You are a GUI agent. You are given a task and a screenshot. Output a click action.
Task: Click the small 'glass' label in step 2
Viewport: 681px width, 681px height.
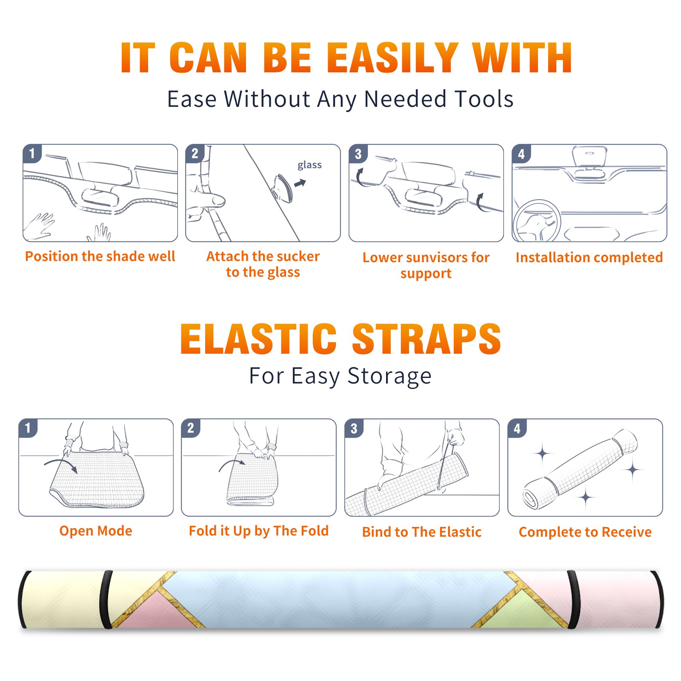pos(309,165)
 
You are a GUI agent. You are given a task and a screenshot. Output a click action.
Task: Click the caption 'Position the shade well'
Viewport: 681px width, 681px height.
pos(100,256)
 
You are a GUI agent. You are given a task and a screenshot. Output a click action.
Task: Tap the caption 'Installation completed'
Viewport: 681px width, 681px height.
pos(589,258)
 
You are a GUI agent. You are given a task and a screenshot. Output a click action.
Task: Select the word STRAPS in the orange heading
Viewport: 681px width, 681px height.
pos(426,339)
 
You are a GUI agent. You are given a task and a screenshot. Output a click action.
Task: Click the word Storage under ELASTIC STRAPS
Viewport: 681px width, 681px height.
pos(389,377)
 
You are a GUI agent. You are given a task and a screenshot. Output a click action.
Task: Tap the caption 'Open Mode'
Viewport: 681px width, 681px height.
pos(96,531)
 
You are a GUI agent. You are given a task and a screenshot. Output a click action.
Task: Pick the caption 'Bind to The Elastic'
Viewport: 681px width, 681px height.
pos(422,532)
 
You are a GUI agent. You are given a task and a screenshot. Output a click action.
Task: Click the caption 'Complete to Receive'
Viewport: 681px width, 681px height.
pos(585,532)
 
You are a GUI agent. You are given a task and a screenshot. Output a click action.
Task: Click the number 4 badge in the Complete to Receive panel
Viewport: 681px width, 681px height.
pos(517,428)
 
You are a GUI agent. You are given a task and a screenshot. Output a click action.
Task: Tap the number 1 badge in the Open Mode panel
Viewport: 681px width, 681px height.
pos(28,428)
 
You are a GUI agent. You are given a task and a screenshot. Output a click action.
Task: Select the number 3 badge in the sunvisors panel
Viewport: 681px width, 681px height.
pos(358,154)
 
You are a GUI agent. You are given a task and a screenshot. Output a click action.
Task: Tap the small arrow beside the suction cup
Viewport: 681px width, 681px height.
pos(300,183)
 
